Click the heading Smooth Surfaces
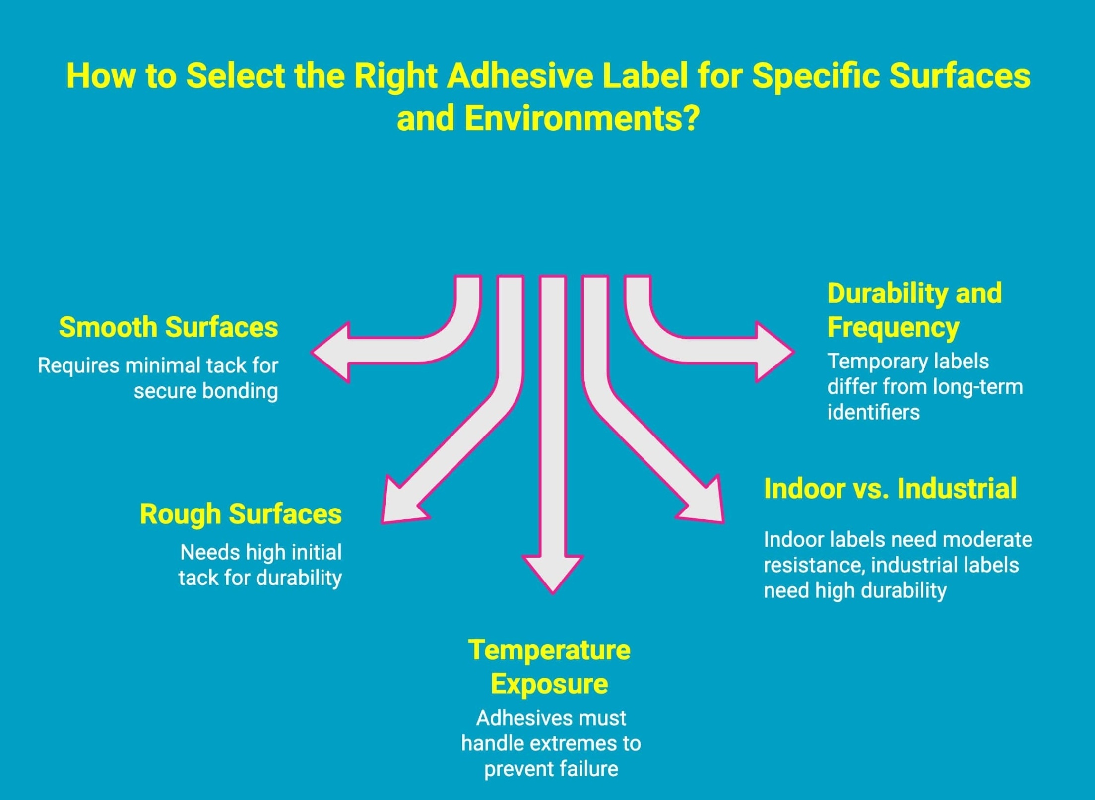click(x=168, y=327)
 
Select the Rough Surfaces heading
click(x=241, y=513)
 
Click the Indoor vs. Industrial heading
click(x=890, y=488)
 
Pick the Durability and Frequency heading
click(x=914, y=310)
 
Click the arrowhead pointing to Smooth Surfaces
click(x=332, y=352)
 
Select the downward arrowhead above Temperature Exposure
click(x=552, y=572)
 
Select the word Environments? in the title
click(x=582, y=119)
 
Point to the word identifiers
click(x=873, y=412)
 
